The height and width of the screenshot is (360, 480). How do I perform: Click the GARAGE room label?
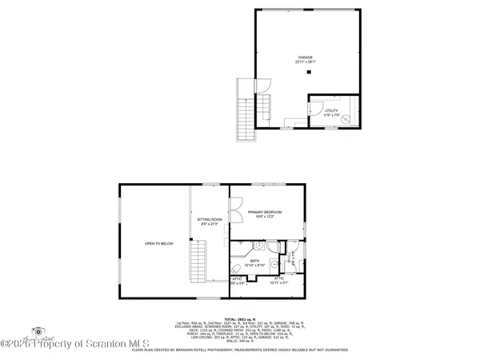point(306,58)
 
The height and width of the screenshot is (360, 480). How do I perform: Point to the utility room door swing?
point(315,102)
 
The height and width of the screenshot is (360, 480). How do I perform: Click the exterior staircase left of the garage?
point(245,112)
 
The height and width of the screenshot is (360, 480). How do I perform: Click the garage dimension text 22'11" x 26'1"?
point(306,62)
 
